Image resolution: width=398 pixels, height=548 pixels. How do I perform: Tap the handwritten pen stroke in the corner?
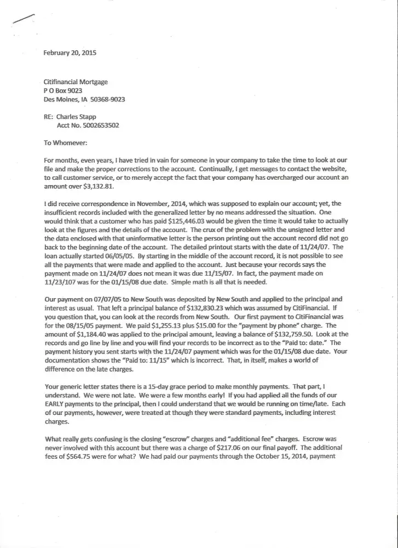pyautogui.click(x=22, y=19)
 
